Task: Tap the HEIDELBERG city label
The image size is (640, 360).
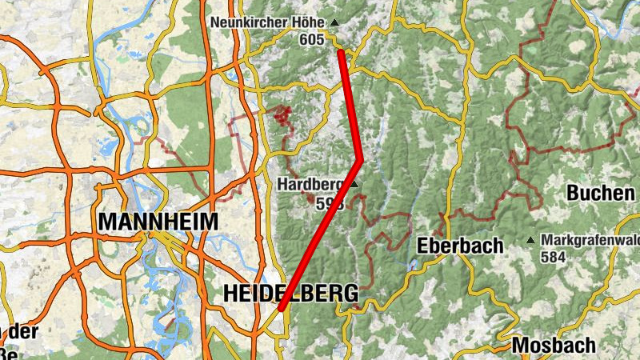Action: [290, 294]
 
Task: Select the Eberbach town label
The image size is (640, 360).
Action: [460, 245]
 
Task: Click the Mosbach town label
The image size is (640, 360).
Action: [554, 345]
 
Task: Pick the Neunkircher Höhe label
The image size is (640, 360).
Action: [269, 22]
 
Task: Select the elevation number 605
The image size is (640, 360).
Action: [312, 38]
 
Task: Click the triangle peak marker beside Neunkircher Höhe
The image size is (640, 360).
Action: [334, 22]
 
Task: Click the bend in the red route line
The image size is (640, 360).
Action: [361, 158]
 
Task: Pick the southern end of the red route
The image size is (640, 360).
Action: [282, 307]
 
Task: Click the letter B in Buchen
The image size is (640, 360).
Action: [574, 193]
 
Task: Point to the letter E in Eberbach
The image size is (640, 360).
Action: [423, 245]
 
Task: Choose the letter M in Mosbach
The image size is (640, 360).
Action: [520, 345]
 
